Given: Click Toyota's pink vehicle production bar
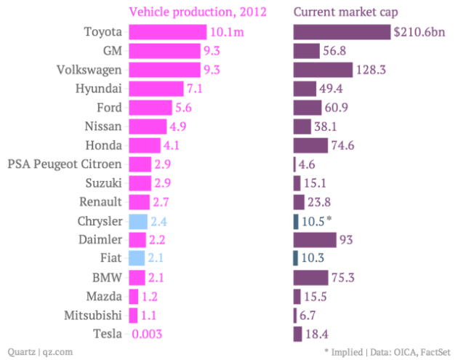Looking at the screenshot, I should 167,32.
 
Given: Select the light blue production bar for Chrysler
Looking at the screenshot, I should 137,221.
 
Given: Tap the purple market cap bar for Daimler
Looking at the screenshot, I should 314,240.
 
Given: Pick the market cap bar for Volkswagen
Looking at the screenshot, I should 322,70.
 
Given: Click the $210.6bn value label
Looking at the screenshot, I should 419,32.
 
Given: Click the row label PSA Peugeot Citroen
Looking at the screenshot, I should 64,164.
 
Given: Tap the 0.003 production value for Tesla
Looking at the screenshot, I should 145,335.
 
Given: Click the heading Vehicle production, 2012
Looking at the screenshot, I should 197,12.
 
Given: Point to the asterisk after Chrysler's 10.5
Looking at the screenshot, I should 329,219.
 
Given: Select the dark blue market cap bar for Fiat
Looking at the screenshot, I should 295,259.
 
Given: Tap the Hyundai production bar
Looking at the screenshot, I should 156,89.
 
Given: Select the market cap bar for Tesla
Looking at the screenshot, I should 297,335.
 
